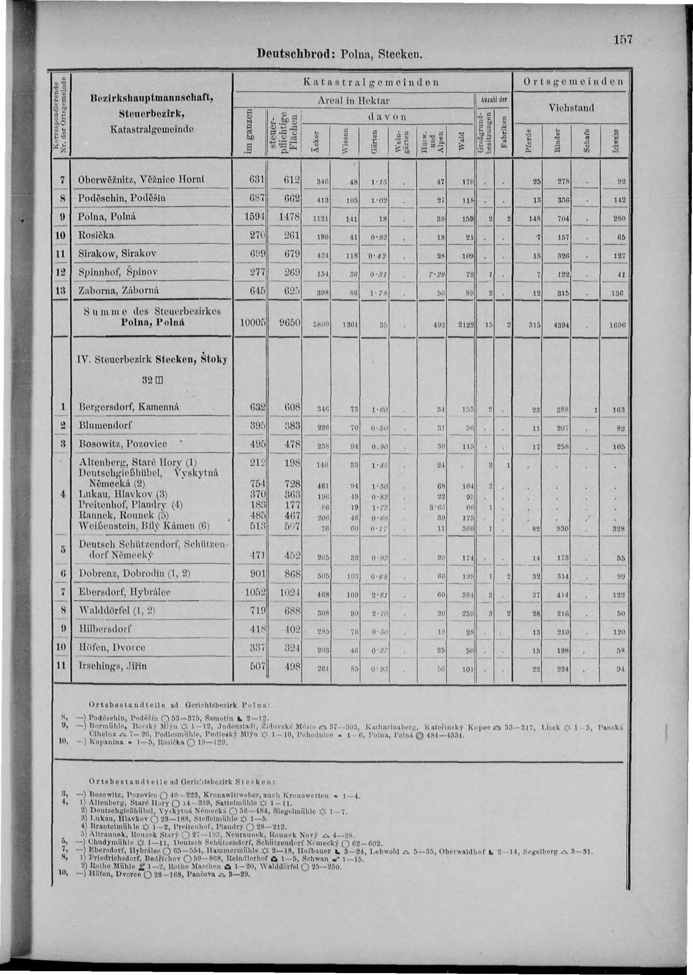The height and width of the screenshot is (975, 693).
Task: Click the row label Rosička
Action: tap(97, 235)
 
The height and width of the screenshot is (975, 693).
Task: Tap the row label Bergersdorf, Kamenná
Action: tap(128, 407)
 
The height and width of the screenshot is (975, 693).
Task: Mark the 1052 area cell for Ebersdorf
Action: tap(254, 593)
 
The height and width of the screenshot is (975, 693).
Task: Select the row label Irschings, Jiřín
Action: tap(113, 666)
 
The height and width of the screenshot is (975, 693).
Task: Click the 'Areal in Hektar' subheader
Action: tap(354, 101)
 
